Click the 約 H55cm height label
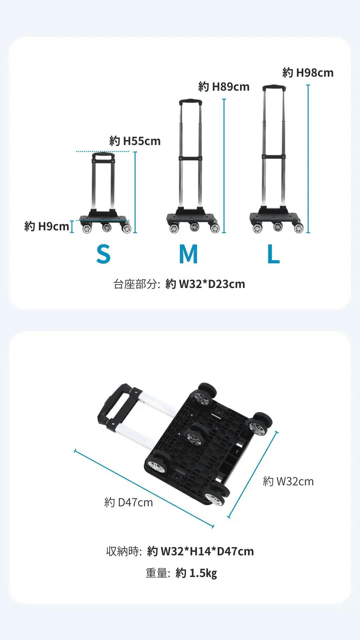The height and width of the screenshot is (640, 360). tap(135, 141)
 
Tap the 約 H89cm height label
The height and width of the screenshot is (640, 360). tap(224, 87)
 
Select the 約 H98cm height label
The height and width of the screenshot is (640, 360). tap(308, 73)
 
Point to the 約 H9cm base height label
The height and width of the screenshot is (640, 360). tap(47, 226)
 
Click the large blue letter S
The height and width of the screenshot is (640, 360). tap(103, 254)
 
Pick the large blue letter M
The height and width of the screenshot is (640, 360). tap(188, 254)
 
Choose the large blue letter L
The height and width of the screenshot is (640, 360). tap(273, 254)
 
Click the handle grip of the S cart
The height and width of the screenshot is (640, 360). tap(104, 156)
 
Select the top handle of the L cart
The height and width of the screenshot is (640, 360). tap(274, 88)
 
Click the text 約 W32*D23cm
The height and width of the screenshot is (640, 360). tap(205, 284)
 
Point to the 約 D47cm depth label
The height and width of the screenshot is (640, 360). tap(128, 502)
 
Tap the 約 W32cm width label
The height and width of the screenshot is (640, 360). tap(288, 481)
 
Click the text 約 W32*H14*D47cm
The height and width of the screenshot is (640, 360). tap(200, 551)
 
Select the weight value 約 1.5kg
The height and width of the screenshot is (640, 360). tap(196, 573)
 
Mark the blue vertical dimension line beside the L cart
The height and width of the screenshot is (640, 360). tap(308, 159)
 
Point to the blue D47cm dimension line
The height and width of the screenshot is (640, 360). tap(144, 489)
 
